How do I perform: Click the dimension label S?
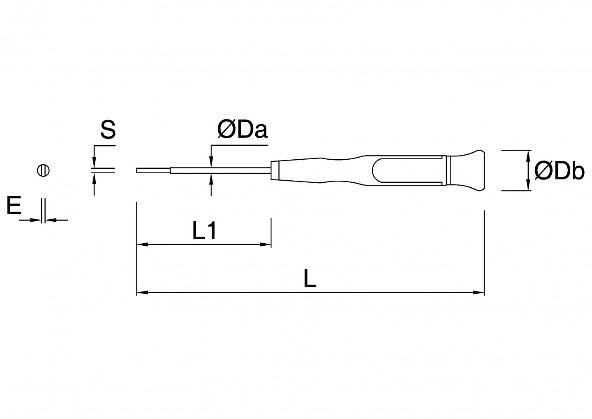(108, 130)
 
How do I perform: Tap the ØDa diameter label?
(242, 130)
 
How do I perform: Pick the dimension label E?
(14, 206)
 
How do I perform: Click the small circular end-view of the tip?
(43, 170)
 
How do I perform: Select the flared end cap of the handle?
(469, 170)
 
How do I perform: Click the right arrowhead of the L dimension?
(480, 293)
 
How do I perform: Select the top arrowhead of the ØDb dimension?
(527, 155)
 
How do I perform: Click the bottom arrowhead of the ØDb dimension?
(527, 186)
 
